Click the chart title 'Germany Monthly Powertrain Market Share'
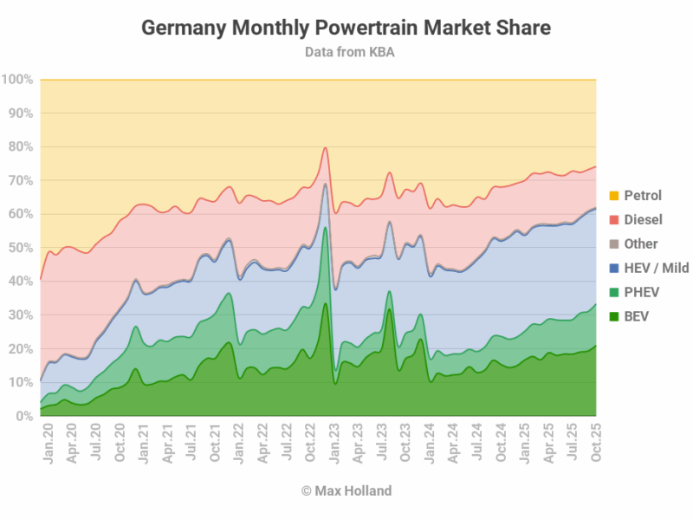point(346,28)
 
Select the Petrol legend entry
point(642,195)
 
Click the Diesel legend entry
point(641,219)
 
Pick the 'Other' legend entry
point(640,243)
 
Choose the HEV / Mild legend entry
point(656,268)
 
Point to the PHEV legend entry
point(641,292)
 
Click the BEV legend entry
point(636,316)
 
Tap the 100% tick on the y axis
point(17,80)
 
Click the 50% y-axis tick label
point(21,248)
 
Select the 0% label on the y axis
point(24,416)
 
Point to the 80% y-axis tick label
point(21,147)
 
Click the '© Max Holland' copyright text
point(346,491)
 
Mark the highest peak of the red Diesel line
point(325,147)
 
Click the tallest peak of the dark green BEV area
point(325,303)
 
